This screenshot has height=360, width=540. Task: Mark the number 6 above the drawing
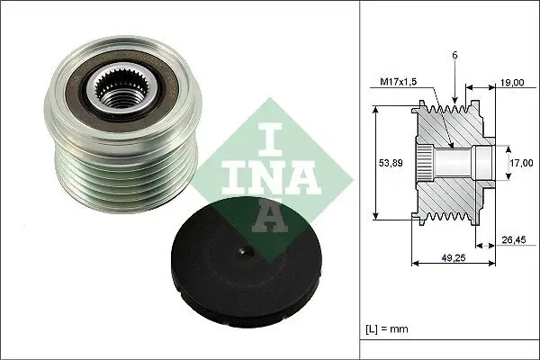point(457,55)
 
